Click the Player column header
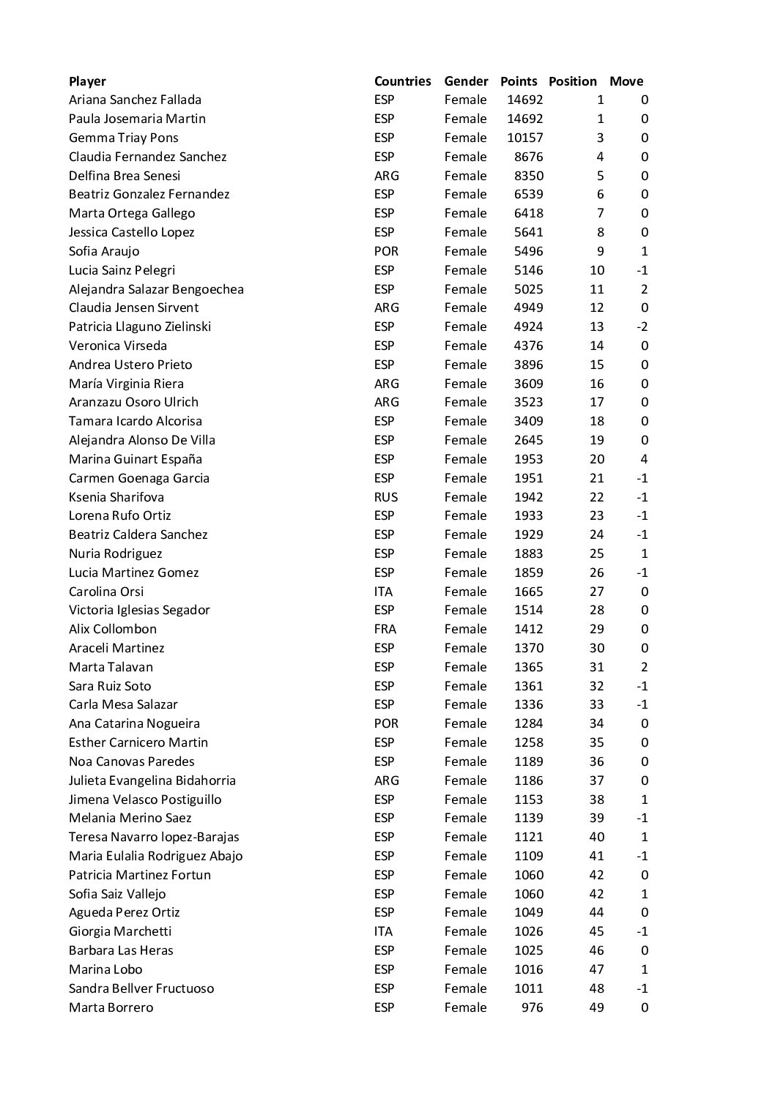tap(87, 81)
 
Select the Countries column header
tap(402, 81)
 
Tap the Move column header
tap(626, 81)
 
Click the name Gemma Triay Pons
tap(123, 138)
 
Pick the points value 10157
tap(524, 138)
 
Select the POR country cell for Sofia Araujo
tap(386, 251)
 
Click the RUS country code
tap(385, 497)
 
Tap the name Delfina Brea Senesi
tap(125, 176)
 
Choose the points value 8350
tap(528, 176)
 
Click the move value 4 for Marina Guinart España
tap(644, 459)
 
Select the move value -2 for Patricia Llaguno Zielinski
tap(642, 327)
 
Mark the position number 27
tap(596, 592)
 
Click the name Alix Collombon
tap(113, 629)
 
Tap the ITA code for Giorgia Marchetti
tap(383, 931)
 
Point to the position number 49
tap(596, 1007)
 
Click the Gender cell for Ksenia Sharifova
tap(465, 497)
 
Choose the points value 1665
tap(528, 592)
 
